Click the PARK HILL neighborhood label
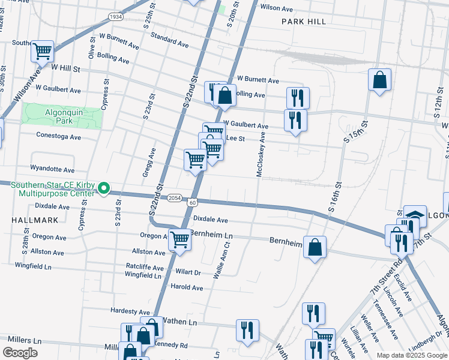304,22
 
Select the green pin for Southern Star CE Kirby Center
103,188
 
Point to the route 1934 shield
116,17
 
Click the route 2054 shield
174,197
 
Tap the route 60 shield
192,203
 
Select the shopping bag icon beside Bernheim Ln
315,247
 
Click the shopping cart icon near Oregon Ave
180,240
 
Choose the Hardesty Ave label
130,311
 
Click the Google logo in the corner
20,353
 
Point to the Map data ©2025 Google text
411,355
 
